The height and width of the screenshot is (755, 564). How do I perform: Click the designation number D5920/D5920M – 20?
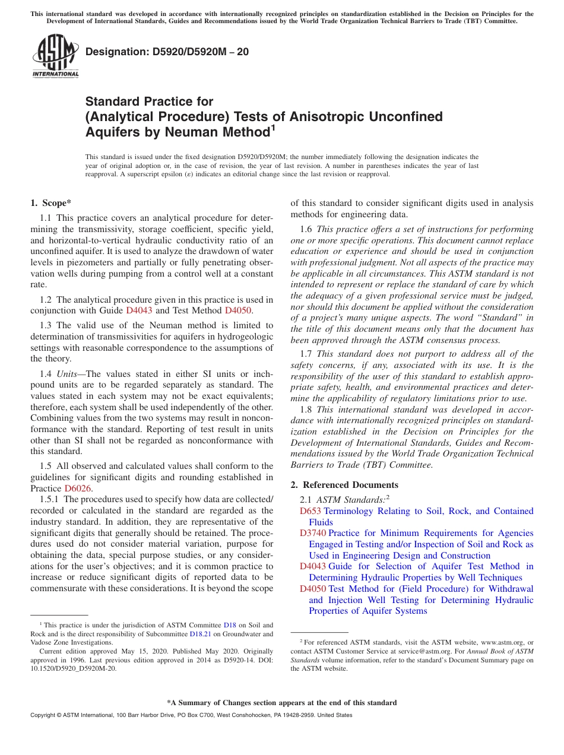tap(167, 52)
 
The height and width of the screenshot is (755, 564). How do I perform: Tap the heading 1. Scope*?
tap(51, 203)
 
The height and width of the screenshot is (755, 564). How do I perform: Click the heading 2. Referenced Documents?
tap(344, 485)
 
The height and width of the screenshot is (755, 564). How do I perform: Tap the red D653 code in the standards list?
tap(310, 511)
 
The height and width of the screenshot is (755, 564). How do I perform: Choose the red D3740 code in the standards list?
tap(312, 534)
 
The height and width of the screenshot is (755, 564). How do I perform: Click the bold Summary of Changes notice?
tap(282, 703)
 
